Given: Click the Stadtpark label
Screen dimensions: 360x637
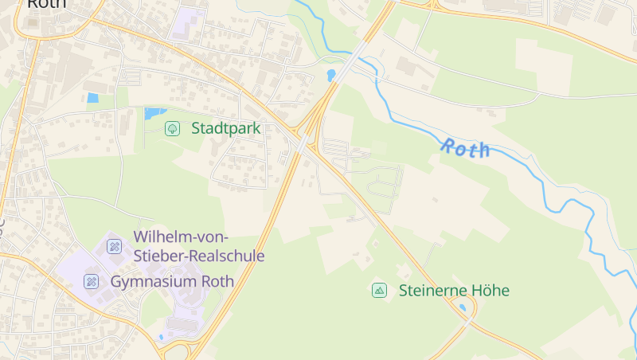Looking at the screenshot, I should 225,128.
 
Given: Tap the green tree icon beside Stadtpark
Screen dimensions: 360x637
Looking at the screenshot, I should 172,128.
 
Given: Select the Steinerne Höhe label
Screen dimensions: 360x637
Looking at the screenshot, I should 454,291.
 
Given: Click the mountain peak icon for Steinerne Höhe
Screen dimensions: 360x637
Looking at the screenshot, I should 380,291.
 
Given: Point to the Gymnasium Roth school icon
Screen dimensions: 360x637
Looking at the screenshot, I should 92,281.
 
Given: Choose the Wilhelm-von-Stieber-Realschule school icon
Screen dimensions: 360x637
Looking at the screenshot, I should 115,246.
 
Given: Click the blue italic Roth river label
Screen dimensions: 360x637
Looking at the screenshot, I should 466,148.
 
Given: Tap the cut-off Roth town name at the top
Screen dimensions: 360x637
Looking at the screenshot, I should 47,4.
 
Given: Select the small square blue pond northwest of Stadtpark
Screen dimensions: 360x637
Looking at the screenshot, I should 92,98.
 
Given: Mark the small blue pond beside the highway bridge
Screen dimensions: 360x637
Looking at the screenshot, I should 330,75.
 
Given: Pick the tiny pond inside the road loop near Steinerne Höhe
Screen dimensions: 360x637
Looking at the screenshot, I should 463,307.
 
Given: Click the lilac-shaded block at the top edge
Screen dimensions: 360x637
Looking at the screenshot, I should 188,22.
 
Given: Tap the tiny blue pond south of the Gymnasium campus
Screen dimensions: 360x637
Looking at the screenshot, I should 161,337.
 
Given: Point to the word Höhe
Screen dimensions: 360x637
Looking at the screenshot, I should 488,291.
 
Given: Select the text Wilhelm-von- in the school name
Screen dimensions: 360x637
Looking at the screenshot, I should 182,237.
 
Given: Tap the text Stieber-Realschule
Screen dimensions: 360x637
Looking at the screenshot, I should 199,256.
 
